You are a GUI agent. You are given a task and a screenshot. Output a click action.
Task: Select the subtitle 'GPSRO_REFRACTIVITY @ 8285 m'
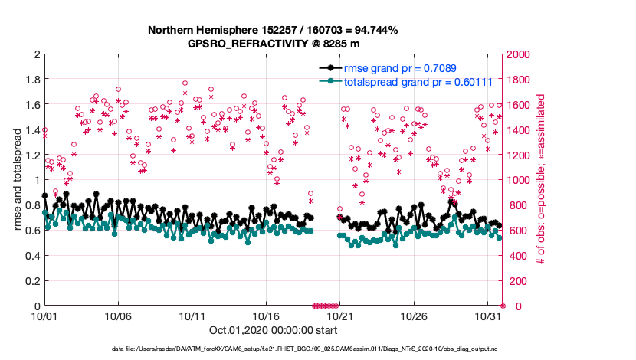point(273,43)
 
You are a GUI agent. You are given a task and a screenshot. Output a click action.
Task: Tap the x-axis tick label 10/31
point(487,316)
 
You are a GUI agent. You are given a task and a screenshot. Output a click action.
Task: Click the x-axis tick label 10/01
point(44,316)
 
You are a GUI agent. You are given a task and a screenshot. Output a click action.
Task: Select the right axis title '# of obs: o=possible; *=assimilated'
point(540,180)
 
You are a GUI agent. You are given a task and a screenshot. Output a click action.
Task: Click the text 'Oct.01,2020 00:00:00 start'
point(273,330)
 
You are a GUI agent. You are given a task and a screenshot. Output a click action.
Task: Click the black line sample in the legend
point(330,67)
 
